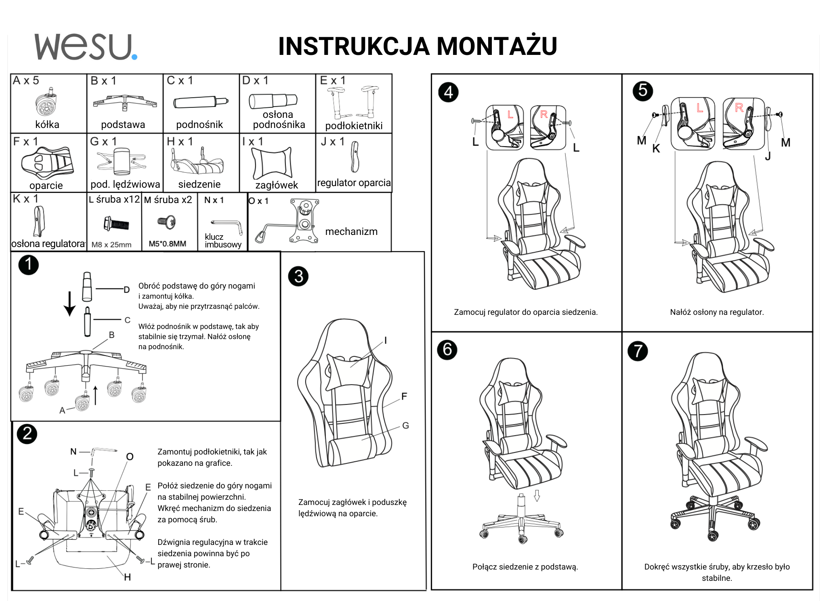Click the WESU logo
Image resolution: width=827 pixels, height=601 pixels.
pyautogui.click(x=86, y=47)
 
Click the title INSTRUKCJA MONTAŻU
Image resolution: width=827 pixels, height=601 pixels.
pyautogui.click(x=418, y=46)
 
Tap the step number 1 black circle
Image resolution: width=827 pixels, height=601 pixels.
pyautogui.click(x=28, y=265)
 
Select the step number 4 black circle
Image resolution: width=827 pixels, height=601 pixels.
pyautogui.click(x=448, y=92)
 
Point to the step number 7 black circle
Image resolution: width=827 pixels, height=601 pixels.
pyautogui.click(x=638, y=351)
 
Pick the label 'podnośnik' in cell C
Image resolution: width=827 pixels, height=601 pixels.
pyautogui.click(x=199, y=125)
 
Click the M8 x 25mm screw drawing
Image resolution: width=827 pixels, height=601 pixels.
pyautogui.click(x=116, y=223)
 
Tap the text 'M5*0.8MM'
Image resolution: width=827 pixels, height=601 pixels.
pyautogui.click(x=168, y=244)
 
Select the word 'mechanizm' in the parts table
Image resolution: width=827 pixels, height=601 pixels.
pyautogui.click(x=351, y=232)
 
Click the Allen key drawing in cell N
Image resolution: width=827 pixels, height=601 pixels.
pyautogui.click(x=227, y=226)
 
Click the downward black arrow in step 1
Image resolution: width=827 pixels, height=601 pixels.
pyautogui.click(x=70, y=304)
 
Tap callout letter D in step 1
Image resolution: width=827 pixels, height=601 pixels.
pyautogui.click(x=127, y=290)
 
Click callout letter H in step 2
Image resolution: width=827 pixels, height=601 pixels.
pyautogui.click(x=128, y=577)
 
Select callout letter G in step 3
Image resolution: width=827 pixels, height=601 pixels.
pyautogui.click(x=405, y=425)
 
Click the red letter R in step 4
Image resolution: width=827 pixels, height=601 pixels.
pyautogui.click(x=544, y=115)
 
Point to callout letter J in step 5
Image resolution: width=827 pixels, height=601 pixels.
pyautogui.click(x=768, y=156)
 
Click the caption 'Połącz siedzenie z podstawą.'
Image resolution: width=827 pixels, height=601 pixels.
pyautogui.click(x=525, y=567)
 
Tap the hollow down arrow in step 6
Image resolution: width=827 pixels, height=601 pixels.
pyautogui.click(x=537, y=495)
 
